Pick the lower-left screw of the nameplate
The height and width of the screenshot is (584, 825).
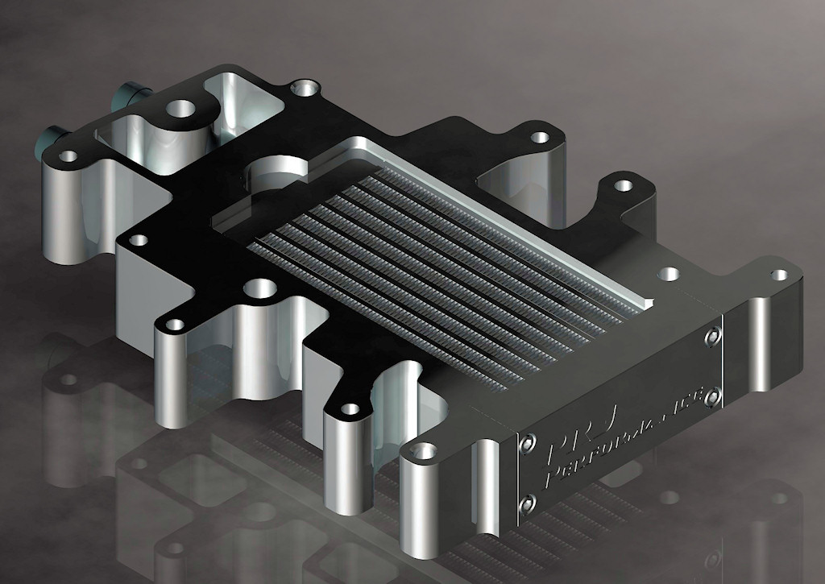tap(528, 504)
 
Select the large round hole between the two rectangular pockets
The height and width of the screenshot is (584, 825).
tap(182, 109)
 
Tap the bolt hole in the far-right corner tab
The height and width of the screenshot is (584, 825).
tap(778, 275)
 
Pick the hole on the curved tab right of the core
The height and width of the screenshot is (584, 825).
tap(622, 186)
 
